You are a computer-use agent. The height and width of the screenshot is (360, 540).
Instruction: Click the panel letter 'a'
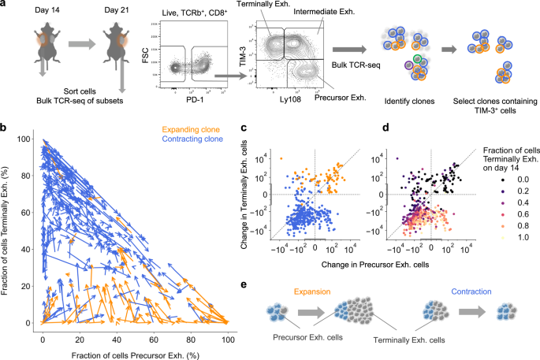pos(5,6)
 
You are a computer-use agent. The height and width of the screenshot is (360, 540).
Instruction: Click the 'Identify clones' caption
pos(399,102)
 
